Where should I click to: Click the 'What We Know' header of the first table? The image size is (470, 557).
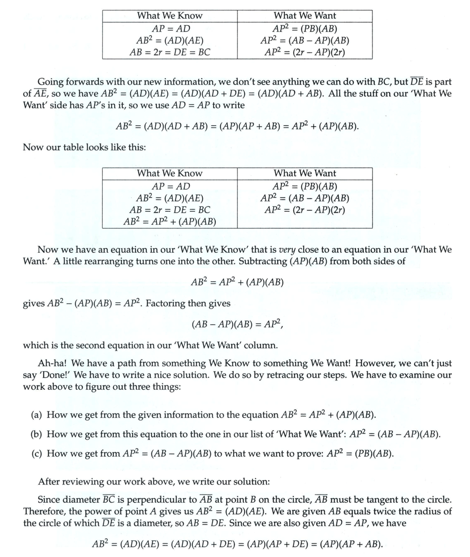[169, 16]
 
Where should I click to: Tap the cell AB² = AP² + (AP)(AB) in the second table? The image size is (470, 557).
[169, 222]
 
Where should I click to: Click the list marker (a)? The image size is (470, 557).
[36, 415]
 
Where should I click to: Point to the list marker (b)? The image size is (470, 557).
[36, 434]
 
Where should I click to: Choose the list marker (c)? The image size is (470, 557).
[36, 453]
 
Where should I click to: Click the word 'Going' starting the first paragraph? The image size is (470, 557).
[51, 82]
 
